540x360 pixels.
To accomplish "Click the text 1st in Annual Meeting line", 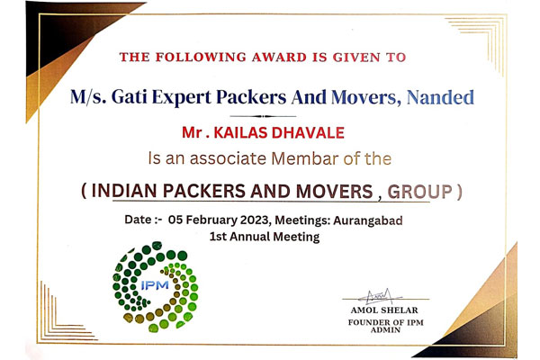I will click(x=219, y=237).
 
